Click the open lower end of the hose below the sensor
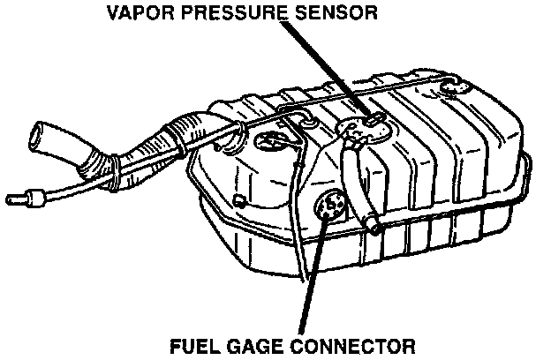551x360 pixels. tap(374, 228)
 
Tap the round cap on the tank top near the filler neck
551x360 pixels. tap(268, 139)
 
